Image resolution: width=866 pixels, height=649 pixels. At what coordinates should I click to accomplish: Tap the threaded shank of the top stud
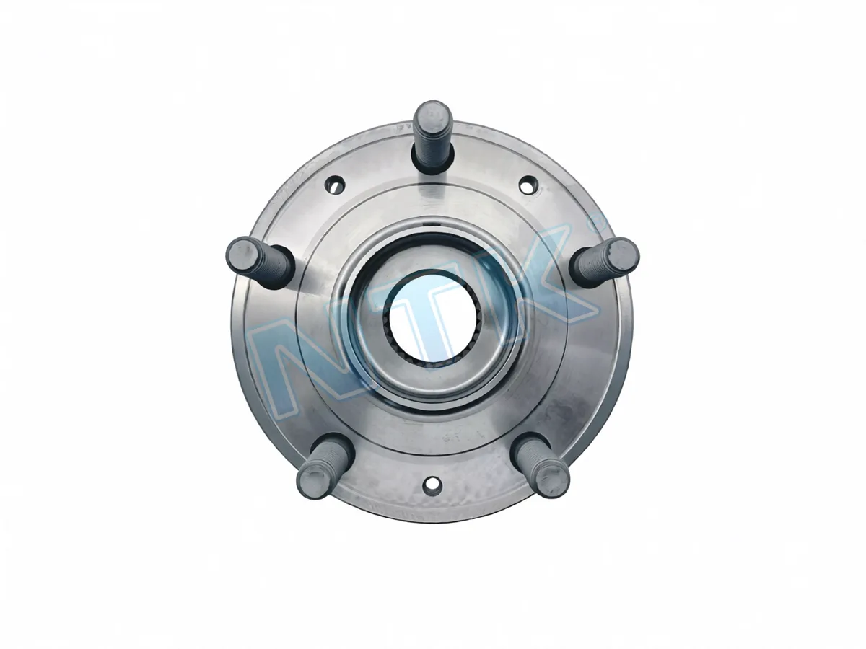coord(432,142)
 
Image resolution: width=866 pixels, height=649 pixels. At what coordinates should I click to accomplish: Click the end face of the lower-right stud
coord(553,481)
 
